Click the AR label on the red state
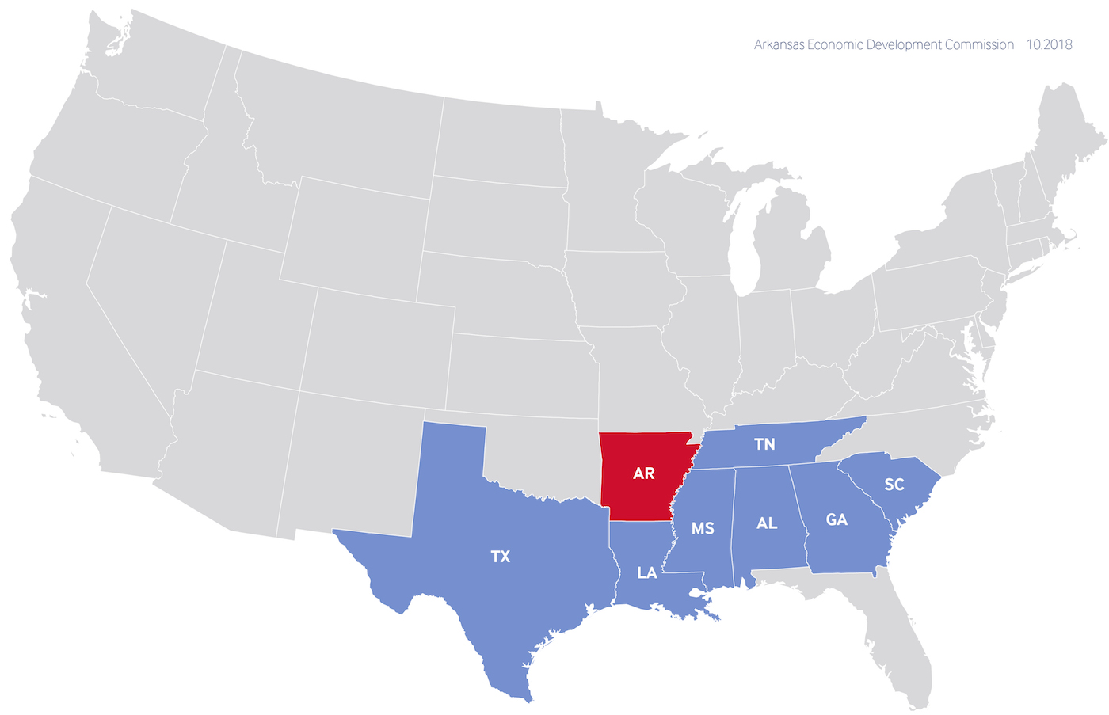coord(643,473)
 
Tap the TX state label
coord(500,557)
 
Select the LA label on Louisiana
coord(647,572)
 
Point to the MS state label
coord(703,528)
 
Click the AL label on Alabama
coord(767,523)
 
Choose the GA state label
coord(837,519)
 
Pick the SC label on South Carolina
coord(894,485)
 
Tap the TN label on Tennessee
coord(764,444)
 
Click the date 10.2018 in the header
coord(1049,45)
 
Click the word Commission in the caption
coord(978,45)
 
